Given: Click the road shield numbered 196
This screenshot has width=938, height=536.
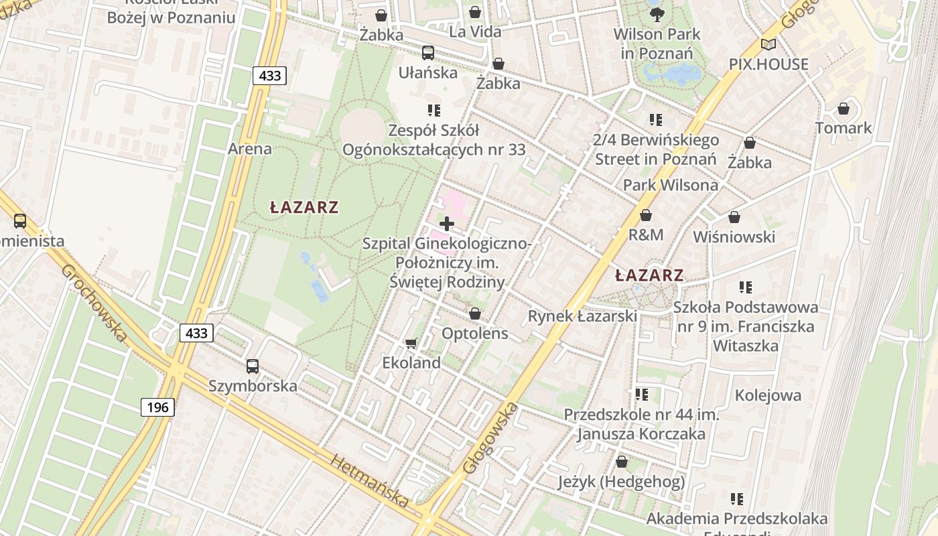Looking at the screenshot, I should [157, 407].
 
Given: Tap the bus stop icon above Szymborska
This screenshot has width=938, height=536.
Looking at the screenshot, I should [252, 366].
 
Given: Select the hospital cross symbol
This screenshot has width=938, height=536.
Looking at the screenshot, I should [446, 223].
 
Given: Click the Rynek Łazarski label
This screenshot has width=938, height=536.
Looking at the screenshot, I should [582, 316].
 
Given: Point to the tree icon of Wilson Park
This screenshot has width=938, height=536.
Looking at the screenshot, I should [657, 13].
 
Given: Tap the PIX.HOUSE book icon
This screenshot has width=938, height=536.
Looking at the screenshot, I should [768, 45].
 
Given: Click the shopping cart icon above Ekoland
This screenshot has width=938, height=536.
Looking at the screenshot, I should [411, 343].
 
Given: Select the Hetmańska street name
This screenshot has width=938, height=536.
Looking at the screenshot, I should [370, 480].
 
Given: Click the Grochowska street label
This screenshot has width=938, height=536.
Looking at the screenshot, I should [94, 301].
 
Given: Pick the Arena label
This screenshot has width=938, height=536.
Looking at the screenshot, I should [250, 149].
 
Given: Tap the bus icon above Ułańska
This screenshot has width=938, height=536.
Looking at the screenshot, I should [427, 52].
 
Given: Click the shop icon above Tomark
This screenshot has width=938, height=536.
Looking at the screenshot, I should [844, 109].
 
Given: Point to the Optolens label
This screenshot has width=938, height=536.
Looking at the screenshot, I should [474, 333].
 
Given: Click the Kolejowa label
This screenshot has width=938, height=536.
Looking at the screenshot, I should [768, 395].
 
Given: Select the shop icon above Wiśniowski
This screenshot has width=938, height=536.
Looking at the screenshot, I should [734, 217].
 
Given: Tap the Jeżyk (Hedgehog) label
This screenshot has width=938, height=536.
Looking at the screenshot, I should [621, 482].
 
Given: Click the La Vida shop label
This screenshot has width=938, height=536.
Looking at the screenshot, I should [475, 31].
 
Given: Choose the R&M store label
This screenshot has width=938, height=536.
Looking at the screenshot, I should [646, 234].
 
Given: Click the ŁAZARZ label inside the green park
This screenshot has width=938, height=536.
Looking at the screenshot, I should [304, 208].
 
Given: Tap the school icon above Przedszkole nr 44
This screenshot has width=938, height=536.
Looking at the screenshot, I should [642, 395].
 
